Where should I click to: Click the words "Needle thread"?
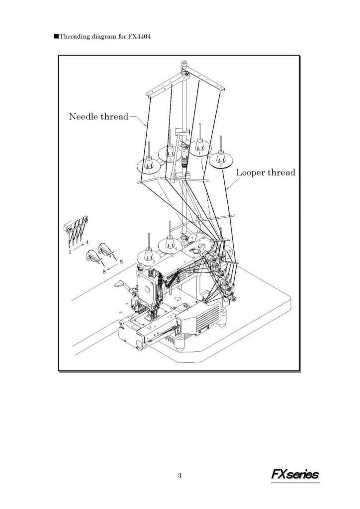point(98,116)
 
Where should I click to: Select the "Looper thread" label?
point(266,172)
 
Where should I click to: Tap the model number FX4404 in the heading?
point(139,36)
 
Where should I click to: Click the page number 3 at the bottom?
point(180,476)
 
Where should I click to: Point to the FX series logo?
point(295,475)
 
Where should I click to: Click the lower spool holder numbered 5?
point(149,254)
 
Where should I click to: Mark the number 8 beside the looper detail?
point(104,272)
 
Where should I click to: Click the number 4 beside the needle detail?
point(87,242)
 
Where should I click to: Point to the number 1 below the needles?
point(70,252)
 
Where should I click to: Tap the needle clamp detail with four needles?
point(76,229)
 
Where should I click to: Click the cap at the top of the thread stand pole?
point(184,63)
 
